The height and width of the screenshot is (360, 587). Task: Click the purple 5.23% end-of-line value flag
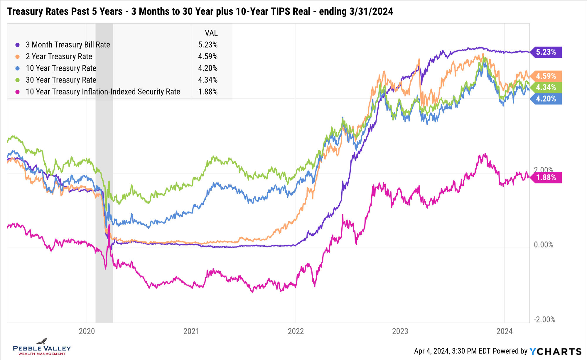pos(546,52)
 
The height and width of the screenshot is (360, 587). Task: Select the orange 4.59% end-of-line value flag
pos(546,76)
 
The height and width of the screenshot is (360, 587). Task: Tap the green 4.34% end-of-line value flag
pos(546,87)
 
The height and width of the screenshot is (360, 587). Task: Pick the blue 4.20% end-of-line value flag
pos(546,99)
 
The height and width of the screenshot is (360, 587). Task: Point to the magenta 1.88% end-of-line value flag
pos(546,177)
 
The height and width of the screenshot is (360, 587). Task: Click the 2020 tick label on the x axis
pos(87,331)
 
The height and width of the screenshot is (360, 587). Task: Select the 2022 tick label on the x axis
pos(296,331)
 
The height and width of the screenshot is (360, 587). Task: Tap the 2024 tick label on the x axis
pos(504,331)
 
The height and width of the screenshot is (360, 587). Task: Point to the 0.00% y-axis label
pos(543,245)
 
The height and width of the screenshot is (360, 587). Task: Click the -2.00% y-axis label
pos(544,319)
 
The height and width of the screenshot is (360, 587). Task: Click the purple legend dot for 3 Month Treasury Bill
pos(18,45)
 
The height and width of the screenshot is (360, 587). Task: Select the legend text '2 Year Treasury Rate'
pos(59,56)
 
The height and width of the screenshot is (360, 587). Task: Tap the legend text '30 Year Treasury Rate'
pos(61,80)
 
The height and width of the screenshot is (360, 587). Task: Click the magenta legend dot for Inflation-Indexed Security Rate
pos(18,92)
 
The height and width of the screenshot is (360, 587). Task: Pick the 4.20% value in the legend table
pos(208,68)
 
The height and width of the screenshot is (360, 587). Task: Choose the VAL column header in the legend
pos(211,33)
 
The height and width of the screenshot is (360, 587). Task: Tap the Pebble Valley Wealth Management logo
pos(42,347)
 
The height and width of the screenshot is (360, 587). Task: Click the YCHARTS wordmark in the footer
pos(555,351)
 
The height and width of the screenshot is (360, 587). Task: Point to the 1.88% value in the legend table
pos(208,92)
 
